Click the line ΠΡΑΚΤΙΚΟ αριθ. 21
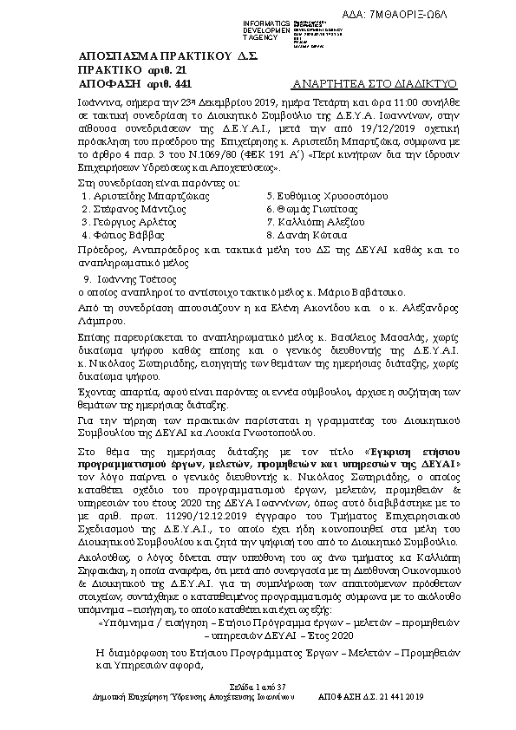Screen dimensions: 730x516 coord(121,69)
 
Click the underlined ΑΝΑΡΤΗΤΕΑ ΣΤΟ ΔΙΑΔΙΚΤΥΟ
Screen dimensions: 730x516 coord(375,84)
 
